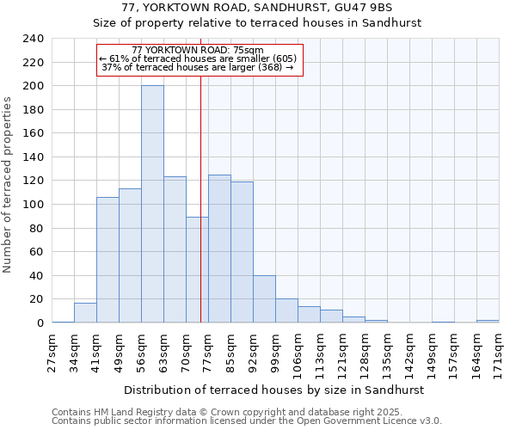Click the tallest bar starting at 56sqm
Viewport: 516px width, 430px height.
152,205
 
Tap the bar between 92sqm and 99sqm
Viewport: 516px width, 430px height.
264,299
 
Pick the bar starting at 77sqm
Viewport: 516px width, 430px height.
219,249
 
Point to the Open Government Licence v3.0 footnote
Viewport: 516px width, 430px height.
246,421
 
